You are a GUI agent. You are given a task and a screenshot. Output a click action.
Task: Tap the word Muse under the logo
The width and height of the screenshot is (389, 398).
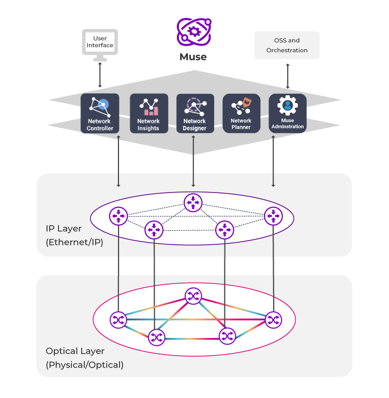pos(193,57)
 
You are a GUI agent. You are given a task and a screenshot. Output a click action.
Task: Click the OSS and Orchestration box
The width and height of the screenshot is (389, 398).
pos(287,46)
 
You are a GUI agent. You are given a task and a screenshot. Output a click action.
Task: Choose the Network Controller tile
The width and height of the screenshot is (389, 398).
pos(99,113)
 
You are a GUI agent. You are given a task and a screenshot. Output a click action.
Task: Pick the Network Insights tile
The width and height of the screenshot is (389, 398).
pos(148,113)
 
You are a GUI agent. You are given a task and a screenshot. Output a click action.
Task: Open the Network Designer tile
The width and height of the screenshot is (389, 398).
pos(194,113)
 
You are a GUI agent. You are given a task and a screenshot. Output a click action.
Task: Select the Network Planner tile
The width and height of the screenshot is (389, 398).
pos(241,113)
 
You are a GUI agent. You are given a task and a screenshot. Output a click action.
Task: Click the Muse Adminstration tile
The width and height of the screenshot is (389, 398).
pos(288,113)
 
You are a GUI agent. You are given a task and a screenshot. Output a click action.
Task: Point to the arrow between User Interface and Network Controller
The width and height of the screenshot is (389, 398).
pos(100,76)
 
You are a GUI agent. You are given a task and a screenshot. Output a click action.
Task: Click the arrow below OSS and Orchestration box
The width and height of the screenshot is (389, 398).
pos(288,76)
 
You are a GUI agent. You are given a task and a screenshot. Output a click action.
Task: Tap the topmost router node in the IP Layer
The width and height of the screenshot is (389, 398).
pos(193,202)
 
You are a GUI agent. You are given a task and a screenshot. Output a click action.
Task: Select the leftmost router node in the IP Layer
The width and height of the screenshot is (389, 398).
pos(119,215)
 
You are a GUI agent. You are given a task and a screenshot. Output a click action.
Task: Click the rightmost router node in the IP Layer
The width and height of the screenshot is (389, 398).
pos(273,215)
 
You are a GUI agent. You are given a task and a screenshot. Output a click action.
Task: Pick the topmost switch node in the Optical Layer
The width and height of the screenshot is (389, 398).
pos(193,296)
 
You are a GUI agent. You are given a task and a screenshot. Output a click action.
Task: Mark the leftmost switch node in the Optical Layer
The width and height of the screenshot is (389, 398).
pos(118,320)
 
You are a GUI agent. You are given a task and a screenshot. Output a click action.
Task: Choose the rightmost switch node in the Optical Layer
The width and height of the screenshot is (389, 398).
pos(274,320)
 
